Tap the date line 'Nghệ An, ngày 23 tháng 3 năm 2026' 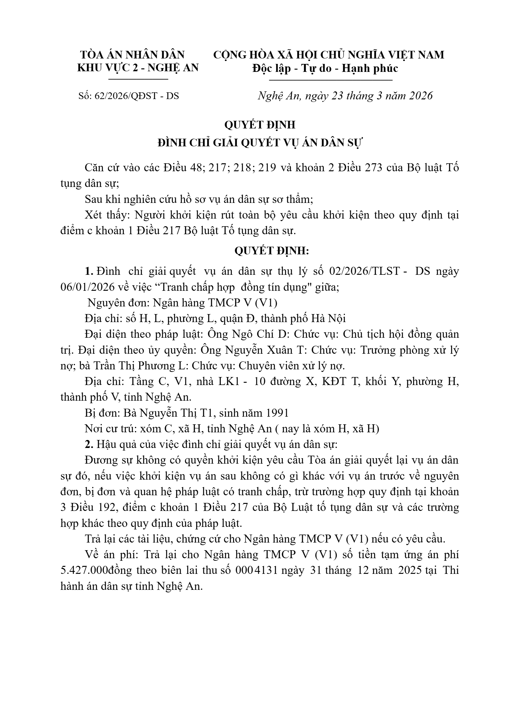[x=345, y=96]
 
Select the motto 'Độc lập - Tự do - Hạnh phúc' [x=325, y=68]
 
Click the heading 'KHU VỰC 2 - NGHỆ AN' [x=138, y=68]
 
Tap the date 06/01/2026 [x=87, y=287]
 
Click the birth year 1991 [x=275, y=413]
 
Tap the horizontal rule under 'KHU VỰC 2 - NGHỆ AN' [x=138, y=79]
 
